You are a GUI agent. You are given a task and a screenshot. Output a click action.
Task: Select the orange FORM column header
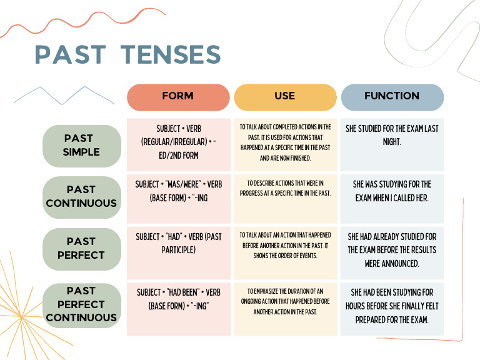pyautogui.click(x=178, y=97)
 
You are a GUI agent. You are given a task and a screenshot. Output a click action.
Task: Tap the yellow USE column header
pyautogui.click(x=285, y=97)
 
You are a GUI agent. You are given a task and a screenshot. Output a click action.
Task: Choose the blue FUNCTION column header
pyautogui.click(x=392, y=97)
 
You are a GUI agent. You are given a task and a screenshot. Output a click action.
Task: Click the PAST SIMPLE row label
pyautogui.click(x=82, y=145)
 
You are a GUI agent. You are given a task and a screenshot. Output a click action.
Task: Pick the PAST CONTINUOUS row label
pyautogui.click(x=82, y=196)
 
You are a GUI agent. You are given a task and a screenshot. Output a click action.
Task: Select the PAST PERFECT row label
pyautogui.click(x=82, y=248)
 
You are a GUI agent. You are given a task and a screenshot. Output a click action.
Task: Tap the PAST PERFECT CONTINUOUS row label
pyautogui.click(x=82, y=304)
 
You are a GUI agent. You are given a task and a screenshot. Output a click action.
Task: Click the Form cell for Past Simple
pyautogui.click(x=178, y=145)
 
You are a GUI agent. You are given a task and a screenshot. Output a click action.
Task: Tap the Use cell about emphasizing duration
pyautogui.click(x=285, y=301)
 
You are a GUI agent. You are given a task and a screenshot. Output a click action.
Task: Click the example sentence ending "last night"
pyautogui.click(x=392, y=136)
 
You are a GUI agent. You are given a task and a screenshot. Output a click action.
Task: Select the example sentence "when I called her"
pyautogui.click(x=392, y=191)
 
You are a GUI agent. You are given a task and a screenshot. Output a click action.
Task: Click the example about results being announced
pyautogui.click(x=392, y=250)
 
